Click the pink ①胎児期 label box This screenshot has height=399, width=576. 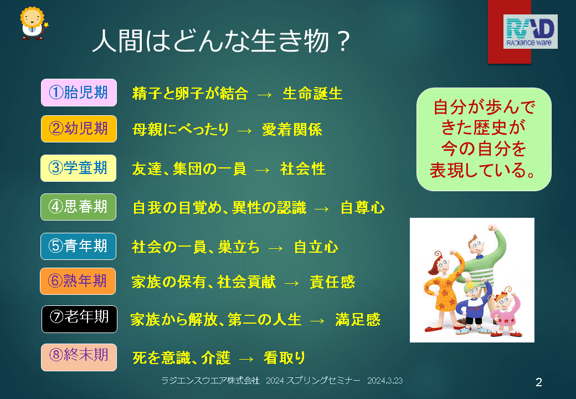point(79,93)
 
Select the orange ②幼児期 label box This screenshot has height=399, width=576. point(79,129)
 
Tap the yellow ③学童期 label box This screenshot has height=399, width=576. point(79,168)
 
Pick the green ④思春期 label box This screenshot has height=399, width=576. point(79,207)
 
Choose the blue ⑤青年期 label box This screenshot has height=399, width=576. point(79,246)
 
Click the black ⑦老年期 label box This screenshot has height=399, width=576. point(79,319)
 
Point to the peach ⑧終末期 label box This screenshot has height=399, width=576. point(79,357)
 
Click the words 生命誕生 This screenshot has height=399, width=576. point(312,94)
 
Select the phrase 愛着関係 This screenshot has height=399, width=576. point(292,130)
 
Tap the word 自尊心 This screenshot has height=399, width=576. point(363,208)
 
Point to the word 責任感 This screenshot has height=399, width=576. point(332,282)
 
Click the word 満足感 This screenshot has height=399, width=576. point(358,320)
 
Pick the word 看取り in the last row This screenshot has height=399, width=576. point(285,358)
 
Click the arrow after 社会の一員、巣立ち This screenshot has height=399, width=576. point(276,249)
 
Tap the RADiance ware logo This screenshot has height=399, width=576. point(530,32)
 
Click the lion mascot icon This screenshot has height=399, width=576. point(33,23)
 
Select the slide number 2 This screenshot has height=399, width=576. point(539,382)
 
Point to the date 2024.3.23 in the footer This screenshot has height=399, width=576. point(385,381)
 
